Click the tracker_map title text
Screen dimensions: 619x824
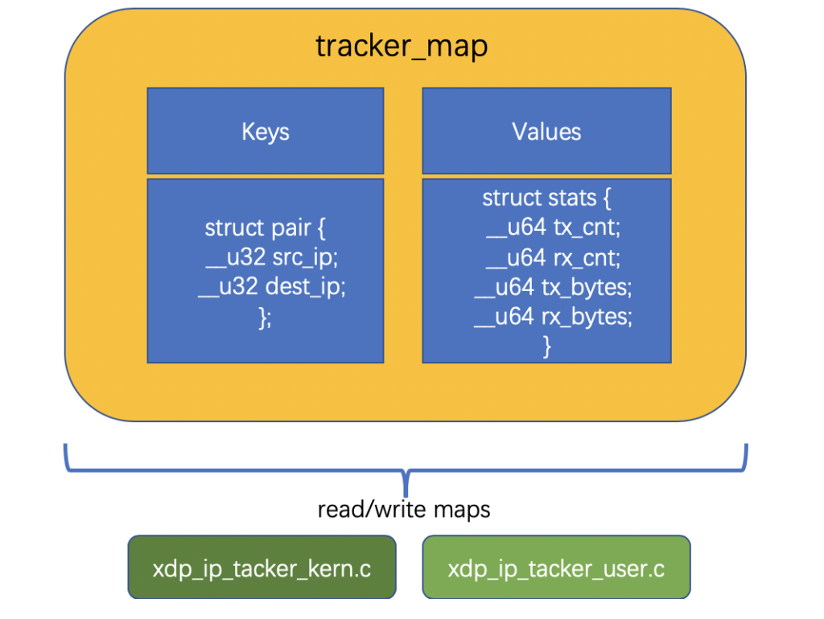[x=402, y=47]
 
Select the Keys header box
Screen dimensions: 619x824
[x=265, y=131]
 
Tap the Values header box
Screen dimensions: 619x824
[x=546, y=131]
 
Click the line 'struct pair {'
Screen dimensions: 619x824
[x=265, y=228]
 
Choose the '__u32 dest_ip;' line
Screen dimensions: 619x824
[x=272, y=287]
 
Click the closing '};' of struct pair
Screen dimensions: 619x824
[x=265, y=317]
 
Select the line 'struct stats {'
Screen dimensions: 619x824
[x=546, y=198]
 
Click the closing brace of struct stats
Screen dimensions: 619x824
[x=547, y=346]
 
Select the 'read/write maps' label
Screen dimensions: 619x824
[x=404, y=510]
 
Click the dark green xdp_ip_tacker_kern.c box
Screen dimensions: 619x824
[x=262, y=568]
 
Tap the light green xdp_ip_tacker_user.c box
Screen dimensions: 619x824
[x=556, y=568]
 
